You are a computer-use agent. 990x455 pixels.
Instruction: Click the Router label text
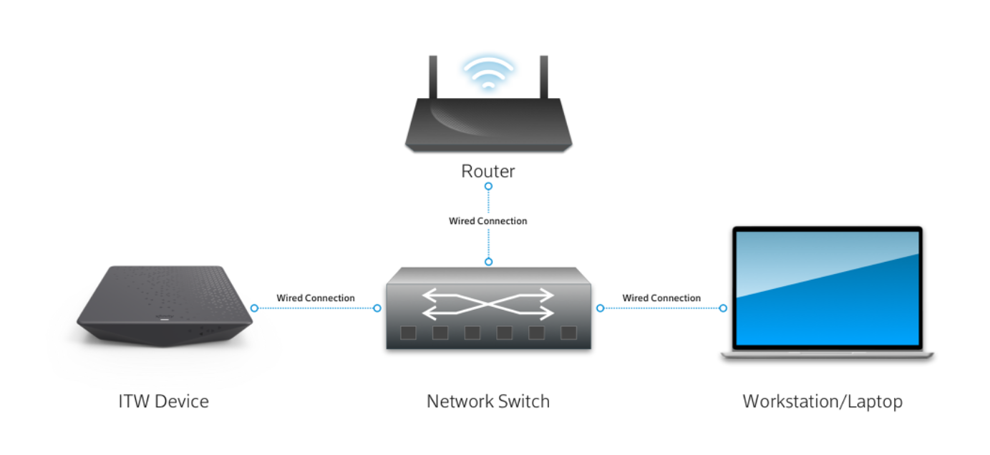(488, 172)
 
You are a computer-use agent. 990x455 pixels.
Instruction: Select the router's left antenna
(433, 77)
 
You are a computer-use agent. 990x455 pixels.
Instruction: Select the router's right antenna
(544, 77)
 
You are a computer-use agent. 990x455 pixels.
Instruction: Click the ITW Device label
(163, 401)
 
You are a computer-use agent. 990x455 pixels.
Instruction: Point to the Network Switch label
(488, 401)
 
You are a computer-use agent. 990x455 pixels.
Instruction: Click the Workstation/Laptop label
(822, 402)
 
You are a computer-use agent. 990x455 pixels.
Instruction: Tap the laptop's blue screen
(827, 288)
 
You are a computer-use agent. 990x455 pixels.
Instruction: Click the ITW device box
(165, 305)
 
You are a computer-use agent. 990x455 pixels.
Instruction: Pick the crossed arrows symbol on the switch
(488, 304)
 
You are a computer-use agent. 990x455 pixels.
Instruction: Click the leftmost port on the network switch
(408, 333)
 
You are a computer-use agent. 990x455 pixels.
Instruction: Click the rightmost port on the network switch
(569, 333)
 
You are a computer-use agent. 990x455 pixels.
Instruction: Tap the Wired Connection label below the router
(488, 221)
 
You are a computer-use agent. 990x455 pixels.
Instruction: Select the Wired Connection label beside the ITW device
(316, 298)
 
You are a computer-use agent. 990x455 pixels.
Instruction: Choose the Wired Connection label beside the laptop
(661, 298)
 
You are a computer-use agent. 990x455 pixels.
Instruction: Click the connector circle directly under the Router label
(488, 187)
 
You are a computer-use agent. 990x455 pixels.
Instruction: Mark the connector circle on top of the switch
(488, 262)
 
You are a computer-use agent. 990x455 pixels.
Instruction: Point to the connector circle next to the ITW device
(254, 308)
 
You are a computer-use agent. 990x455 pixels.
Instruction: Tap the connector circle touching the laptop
(723, 308)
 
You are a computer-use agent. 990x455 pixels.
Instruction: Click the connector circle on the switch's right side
(600, 308)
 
